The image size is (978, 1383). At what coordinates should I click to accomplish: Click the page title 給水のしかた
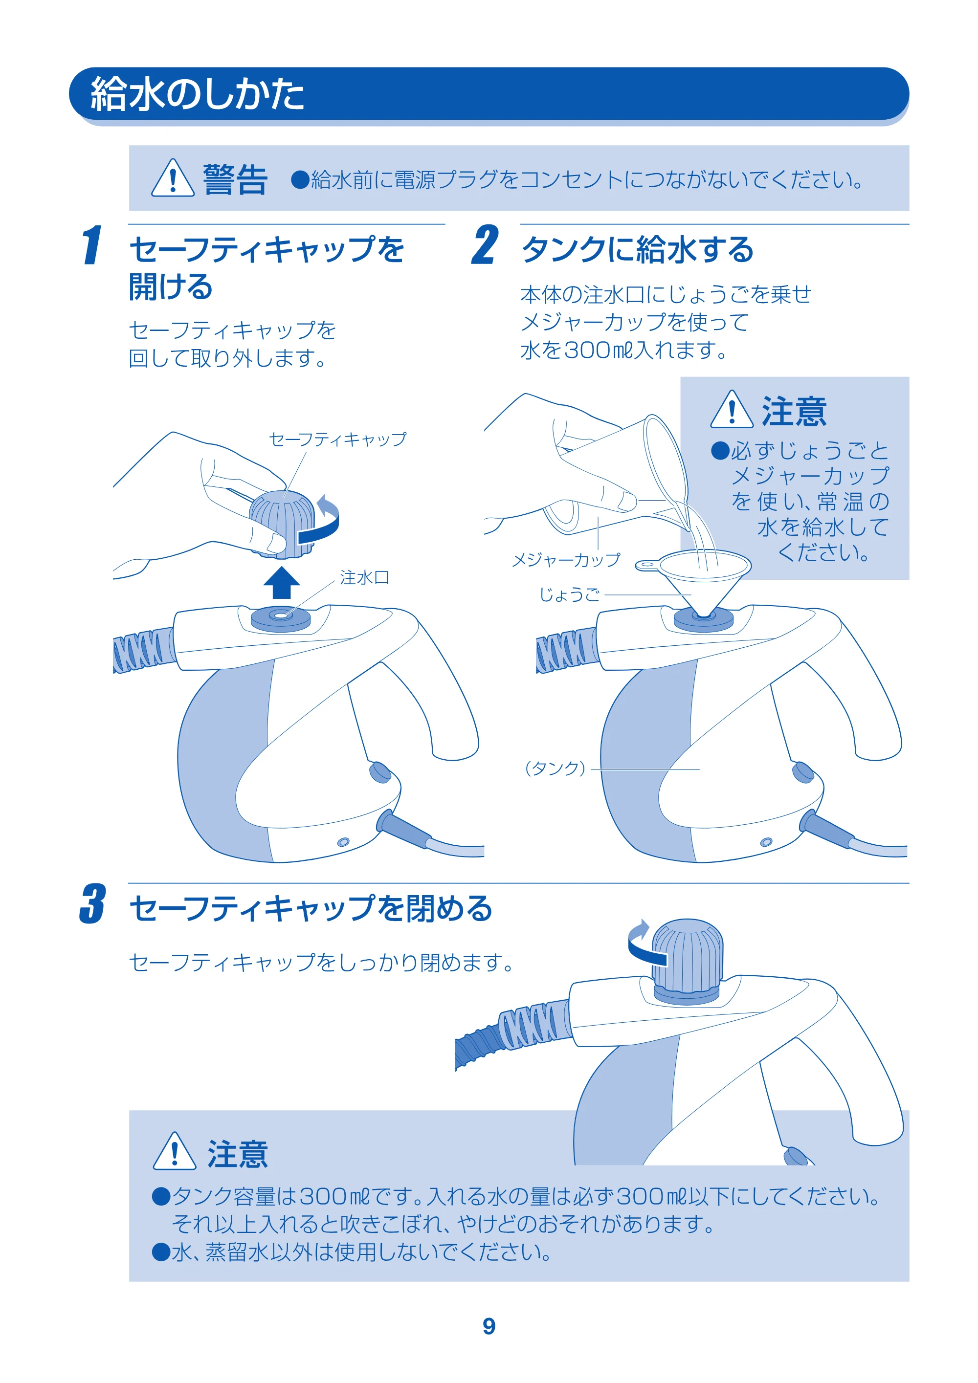point(197,94)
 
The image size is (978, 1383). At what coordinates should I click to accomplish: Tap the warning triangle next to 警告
point(173,178)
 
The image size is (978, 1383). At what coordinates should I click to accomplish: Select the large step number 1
point(92,244)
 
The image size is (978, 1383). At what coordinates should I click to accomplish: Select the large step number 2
point(485,244)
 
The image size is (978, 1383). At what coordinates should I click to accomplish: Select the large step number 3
point(93,903)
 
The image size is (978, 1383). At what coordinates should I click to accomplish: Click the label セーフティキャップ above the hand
point(337,439)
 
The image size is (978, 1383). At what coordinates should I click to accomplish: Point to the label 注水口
point(365,578)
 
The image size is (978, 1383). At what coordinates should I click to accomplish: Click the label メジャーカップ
point(566,560)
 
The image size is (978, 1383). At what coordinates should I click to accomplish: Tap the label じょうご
point(570,595)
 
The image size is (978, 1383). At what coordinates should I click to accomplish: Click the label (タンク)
point(555,768)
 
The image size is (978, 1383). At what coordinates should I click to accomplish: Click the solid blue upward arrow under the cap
point(281,582)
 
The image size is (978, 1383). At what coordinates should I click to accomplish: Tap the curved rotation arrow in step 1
point(320,521)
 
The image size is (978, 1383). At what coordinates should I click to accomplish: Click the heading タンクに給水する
point(638,249)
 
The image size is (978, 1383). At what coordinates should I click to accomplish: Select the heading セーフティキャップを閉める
point(311,908)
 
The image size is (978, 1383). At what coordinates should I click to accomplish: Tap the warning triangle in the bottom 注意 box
point(175,1152)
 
